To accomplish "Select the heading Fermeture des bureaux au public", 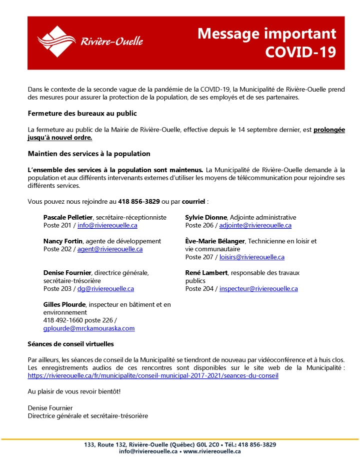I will click(x=82, y=114).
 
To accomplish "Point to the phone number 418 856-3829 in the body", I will click(x=139, y=202).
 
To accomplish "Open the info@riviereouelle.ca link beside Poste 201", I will click(x=108, y=225).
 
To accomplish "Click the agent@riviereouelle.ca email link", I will click(x=110, y=249).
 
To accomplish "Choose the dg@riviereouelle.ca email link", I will click(x=105, y=289).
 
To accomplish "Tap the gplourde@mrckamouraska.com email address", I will click(x=89, y=328).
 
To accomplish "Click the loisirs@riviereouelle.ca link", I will click(x=252, y=257).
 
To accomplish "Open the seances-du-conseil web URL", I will click(x=153, y=375).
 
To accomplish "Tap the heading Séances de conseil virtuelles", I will click(x=71, y=344).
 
